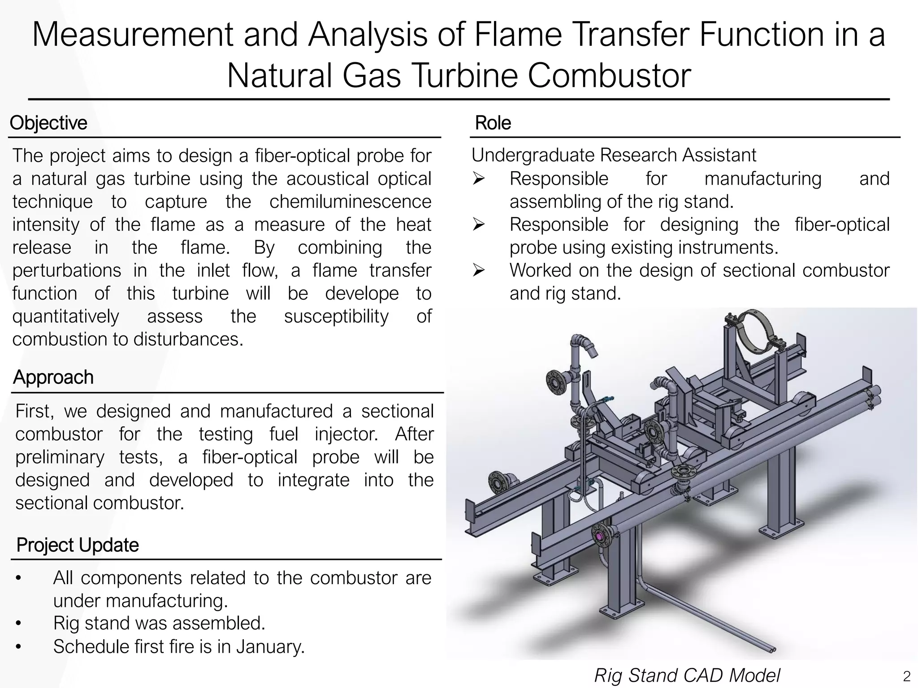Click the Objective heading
[48, 123]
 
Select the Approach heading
[53, 377]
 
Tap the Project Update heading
[78, 545]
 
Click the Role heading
[493, 123]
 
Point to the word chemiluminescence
[350, 202]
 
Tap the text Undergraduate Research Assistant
[614, 155]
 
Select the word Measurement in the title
[132, 35]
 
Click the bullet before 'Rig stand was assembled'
[18, 623]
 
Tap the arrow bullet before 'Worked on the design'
[479, 271]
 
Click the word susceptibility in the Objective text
[336, 316]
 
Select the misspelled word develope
[362, 293]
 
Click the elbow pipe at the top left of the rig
[583, 345]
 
